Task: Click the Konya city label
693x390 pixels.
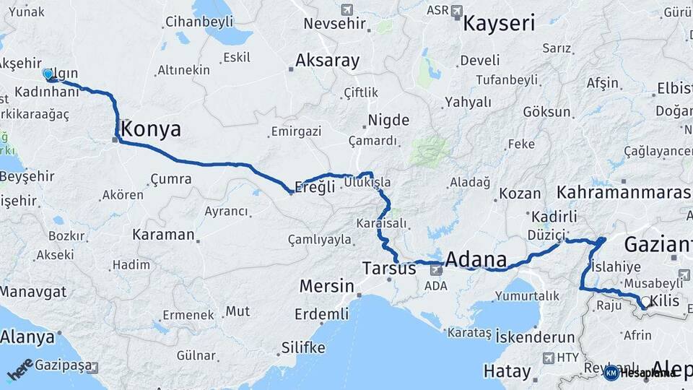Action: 151,129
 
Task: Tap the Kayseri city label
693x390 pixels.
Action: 499,23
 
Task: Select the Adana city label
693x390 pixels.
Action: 476,259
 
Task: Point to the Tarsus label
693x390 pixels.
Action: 388,269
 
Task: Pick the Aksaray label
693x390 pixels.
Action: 327,61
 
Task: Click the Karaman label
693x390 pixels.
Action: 163,235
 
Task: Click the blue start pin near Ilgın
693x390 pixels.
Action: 48,74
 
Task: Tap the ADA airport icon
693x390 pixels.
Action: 435,269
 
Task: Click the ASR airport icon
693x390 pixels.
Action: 456,11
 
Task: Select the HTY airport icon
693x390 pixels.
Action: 549,357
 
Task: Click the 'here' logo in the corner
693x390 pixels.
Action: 19,370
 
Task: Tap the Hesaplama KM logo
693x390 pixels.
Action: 639,373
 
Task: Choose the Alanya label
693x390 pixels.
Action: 27,337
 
